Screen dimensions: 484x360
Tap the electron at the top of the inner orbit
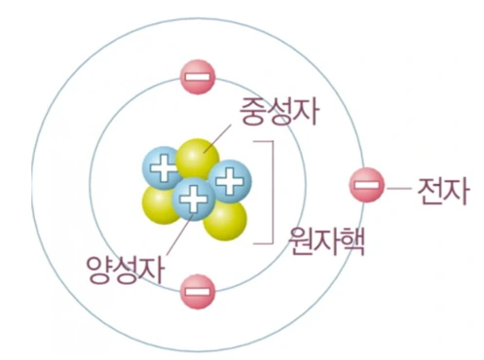coord(197,76)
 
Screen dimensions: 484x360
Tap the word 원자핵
coord(326,240)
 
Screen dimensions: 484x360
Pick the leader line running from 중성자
coord(223,137)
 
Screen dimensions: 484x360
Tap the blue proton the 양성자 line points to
coord(193,200)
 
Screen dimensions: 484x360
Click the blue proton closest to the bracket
coord(232,179)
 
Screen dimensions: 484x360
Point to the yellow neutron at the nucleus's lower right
coord(224,218)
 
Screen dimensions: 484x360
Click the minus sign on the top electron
coord(197,76)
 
